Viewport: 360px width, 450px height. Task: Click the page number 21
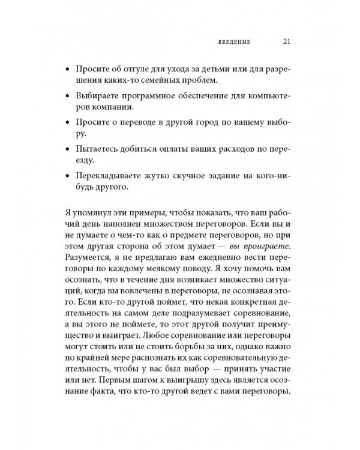pyautogui.click(x=286, y=43)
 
